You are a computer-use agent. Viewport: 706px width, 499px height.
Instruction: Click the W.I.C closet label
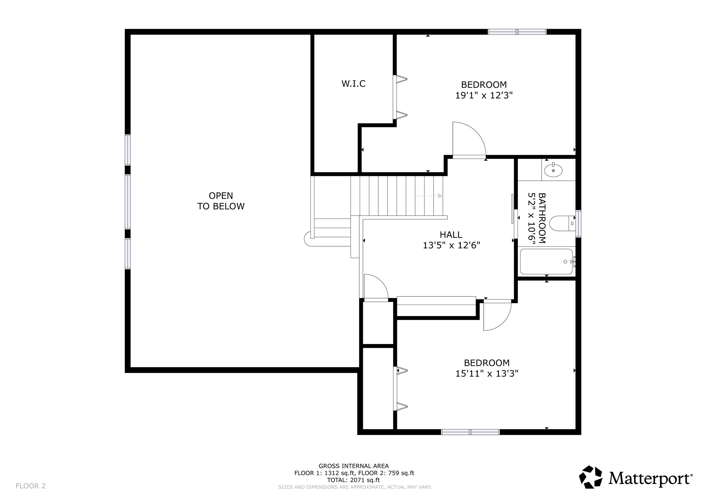click(353, 84)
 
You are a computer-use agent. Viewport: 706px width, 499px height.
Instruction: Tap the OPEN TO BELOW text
click(221, 201)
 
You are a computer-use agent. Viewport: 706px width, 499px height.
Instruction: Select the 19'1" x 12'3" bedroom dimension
click(484, 96)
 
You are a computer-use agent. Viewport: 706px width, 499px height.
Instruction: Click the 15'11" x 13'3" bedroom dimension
click(486, 373)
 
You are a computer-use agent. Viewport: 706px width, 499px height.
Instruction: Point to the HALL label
click(451, 235)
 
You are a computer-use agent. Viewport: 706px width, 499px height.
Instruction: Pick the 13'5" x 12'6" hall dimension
click(451, 246)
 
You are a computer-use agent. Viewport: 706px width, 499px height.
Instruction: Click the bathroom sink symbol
click(553, 170)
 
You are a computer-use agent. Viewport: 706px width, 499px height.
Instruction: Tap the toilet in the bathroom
click(561, 223)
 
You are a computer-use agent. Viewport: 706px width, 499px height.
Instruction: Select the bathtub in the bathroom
click(546, 261)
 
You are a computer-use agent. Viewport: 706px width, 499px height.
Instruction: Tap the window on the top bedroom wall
click(517, 32)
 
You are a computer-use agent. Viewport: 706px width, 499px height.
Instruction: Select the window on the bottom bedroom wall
click(470, 432)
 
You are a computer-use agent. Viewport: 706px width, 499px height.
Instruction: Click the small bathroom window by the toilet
click(578, 223)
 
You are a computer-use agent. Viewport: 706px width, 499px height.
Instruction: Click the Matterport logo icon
click(591, 477)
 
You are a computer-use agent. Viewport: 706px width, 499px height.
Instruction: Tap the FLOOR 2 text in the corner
click(30, 486)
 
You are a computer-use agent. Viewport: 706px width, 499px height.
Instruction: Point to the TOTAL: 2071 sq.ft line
click(353, 480)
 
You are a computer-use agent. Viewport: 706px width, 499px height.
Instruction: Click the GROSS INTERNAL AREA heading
click(354, 466)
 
